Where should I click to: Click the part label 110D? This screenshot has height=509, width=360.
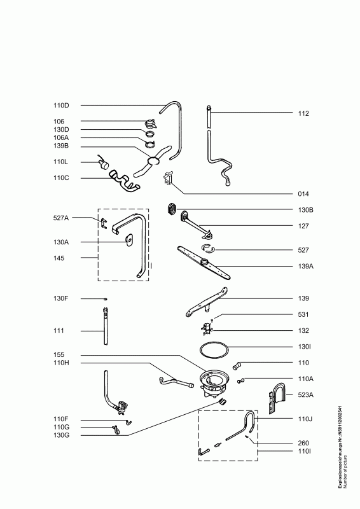pyautogui.click(x=61, y=106)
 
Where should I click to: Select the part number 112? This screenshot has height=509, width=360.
pyautogui.click(x=303, y=114)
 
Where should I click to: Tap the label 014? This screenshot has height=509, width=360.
pyautogui.click(x=303, y=194)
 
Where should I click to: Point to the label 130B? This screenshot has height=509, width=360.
pyautogui.click(x=306, y=210)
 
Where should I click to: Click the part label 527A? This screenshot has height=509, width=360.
pyautogui.click(x=61, y=218)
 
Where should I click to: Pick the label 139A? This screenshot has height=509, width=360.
pyautogui.click(x=306, y=267)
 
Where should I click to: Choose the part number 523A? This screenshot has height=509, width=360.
pyautogui.click(x=306, y=395)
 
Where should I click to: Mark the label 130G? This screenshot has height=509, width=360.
pyautogui.click(x=61, y=435)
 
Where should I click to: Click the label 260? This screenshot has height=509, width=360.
pyautogui.click(x=303, y=443)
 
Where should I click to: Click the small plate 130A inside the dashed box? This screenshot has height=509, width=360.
pyautogui.click(x=129, y=240)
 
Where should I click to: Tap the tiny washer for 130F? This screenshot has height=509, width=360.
pyautogui.click(x=105, y=299)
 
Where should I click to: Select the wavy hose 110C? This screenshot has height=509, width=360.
pyautogui.click(x=124, y=182)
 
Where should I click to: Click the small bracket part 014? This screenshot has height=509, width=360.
pyautogui.click(x=168, y=179)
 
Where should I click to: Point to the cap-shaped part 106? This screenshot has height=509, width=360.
pyautogui.click(x=150, y=123)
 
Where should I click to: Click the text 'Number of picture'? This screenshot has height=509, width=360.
pyautogui.click(x=346, y=471)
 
